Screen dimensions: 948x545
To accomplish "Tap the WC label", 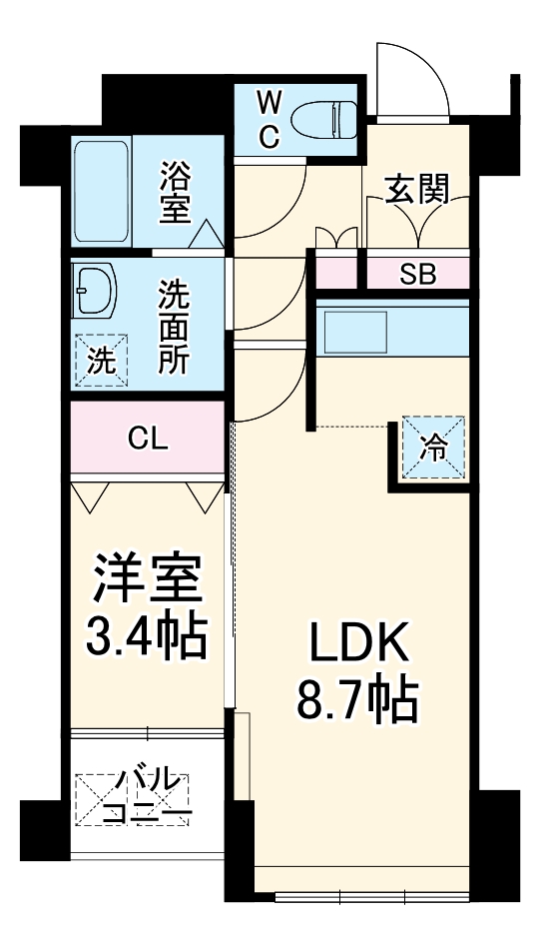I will coord(270,119).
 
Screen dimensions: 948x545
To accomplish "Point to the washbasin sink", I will coord(97,292).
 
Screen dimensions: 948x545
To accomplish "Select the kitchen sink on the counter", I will coord(352,331).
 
